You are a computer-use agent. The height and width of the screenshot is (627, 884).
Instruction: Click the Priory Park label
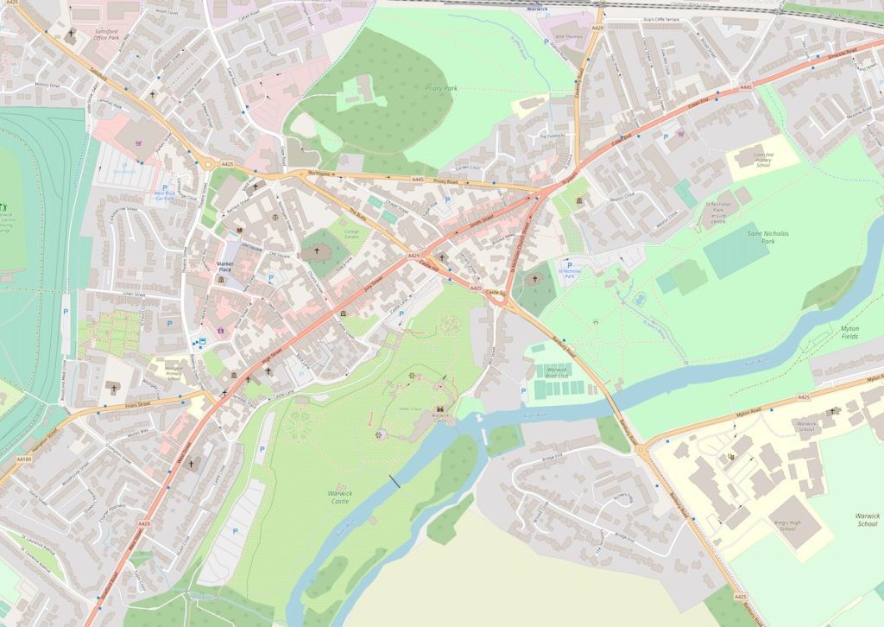point(441,87)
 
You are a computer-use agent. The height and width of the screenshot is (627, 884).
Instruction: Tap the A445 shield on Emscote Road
point(746,86)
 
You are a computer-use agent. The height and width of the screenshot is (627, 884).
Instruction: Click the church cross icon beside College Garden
point(318,252)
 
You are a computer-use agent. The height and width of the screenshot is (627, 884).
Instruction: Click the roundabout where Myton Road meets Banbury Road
point(641,448)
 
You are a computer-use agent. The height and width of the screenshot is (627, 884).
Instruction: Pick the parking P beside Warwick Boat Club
point(523,390)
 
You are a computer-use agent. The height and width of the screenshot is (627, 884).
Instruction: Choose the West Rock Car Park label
point(164,195)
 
